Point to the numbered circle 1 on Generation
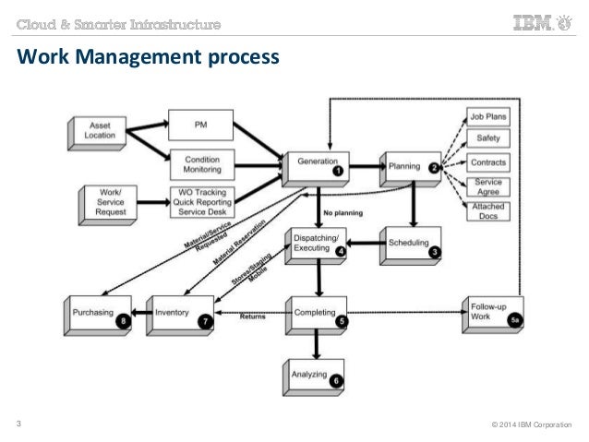[338, 171]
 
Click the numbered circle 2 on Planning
[434, 167]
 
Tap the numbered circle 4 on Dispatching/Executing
[342, 250]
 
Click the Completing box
[316, 312]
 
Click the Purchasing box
[98, 313]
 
